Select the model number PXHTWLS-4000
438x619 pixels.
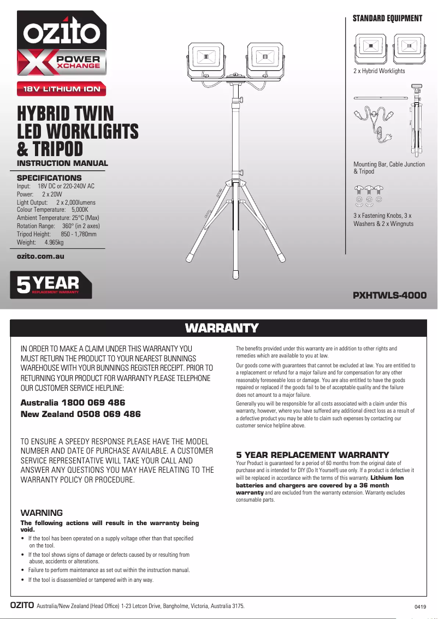pyautogui.click(x=389, y=295)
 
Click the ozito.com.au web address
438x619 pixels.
pyautogui.click(x=41, y=255)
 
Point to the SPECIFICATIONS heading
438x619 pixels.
pyautogui.click(x=49, y=178)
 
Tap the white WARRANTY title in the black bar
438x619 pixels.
pyautogui.click(x=221, y=328)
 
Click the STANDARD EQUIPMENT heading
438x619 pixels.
pyautogui.click(x=387, y=19)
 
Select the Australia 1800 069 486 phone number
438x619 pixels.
pyautogui.click(x=73, y=403)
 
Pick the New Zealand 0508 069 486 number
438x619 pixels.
pyautogui.click(x=80, y=414)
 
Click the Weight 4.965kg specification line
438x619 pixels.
pyautogui.click(x=40, y=242)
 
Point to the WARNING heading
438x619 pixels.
pyautogui.click(x=42, y=513)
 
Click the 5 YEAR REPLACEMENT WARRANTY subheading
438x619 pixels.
pyautogui.click(x=312, y=455)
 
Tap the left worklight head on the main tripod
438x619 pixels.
pyautogui.click(x=206, y=58)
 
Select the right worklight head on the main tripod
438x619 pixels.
pyautogui.click(x=265, y=58)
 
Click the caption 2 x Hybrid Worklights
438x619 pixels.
pyautogui.click(x=380, y=71)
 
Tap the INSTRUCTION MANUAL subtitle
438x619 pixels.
pyautogui.click(x=63, y=163)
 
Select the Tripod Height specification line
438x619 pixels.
pyautogui.click(x=57, y=234)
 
